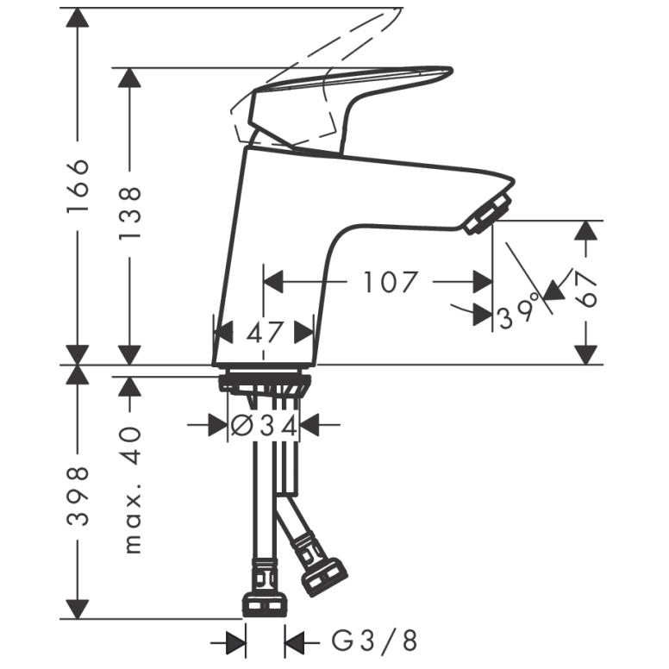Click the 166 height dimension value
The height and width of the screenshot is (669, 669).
(78, 185)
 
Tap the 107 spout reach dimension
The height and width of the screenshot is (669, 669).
(389, 282)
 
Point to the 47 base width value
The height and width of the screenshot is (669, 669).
(265, 333)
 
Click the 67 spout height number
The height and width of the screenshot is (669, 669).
(585, 291)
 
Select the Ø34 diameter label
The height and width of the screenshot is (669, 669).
(264, 426)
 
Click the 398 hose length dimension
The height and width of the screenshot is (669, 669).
(78, 497)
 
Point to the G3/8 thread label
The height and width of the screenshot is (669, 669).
(374, 641)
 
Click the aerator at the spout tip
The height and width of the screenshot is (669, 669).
(488, 213)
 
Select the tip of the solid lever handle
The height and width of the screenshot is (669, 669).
(450, 69)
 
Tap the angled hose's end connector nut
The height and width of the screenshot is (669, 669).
(325, 577)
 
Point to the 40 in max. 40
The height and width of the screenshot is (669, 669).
(132, 445)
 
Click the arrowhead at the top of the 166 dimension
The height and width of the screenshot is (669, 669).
(78, 17)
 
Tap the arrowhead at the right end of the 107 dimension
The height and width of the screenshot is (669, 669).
(483, 282)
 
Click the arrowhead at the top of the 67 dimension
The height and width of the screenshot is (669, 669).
(585, 230)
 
